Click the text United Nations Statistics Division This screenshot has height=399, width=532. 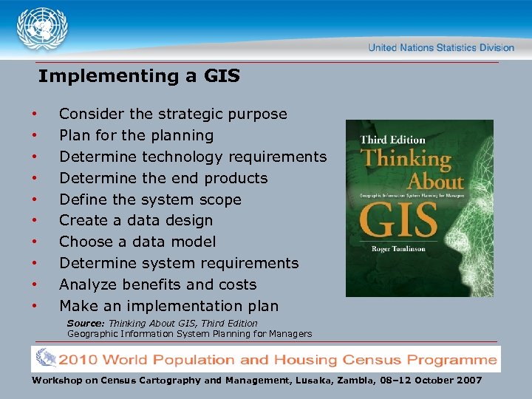coord(441,48)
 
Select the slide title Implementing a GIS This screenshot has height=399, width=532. coord(139,76)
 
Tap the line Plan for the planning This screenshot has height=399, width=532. coord(136,136)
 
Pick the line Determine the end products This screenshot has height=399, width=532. coord(163,178)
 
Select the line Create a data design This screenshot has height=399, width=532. coord(136,220)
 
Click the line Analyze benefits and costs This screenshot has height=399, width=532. coord(157,284)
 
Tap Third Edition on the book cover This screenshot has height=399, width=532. coord(392,140)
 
